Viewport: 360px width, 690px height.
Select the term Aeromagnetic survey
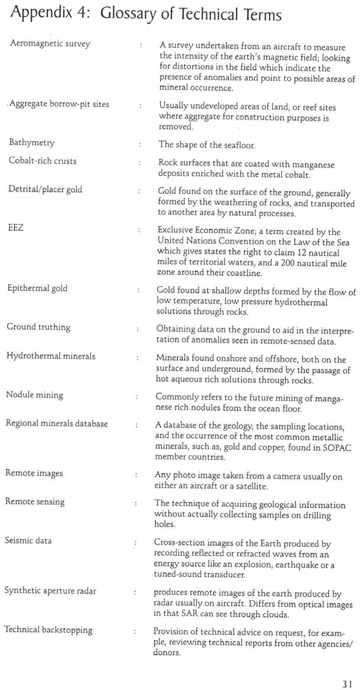tap(50, 44)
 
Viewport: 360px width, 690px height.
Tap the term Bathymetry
tap(31, 142)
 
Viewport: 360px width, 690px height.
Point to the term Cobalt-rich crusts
tap(42, 161)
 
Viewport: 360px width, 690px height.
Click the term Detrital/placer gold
tap(46, 190)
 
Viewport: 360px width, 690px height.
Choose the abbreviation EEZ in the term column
tap(16, 228)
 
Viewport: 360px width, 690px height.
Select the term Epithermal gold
tap(37, 289)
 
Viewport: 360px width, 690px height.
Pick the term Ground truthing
tap(38, 327)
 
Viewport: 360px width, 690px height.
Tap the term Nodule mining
tap(35, 395)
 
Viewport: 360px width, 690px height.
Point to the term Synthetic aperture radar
tap(50, 591)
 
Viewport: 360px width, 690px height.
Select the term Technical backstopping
tap(48, 630)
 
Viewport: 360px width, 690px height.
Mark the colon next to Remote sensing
tap(137, 503)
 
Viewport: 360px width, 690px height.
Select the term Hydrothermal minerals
tap(51, 356)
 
